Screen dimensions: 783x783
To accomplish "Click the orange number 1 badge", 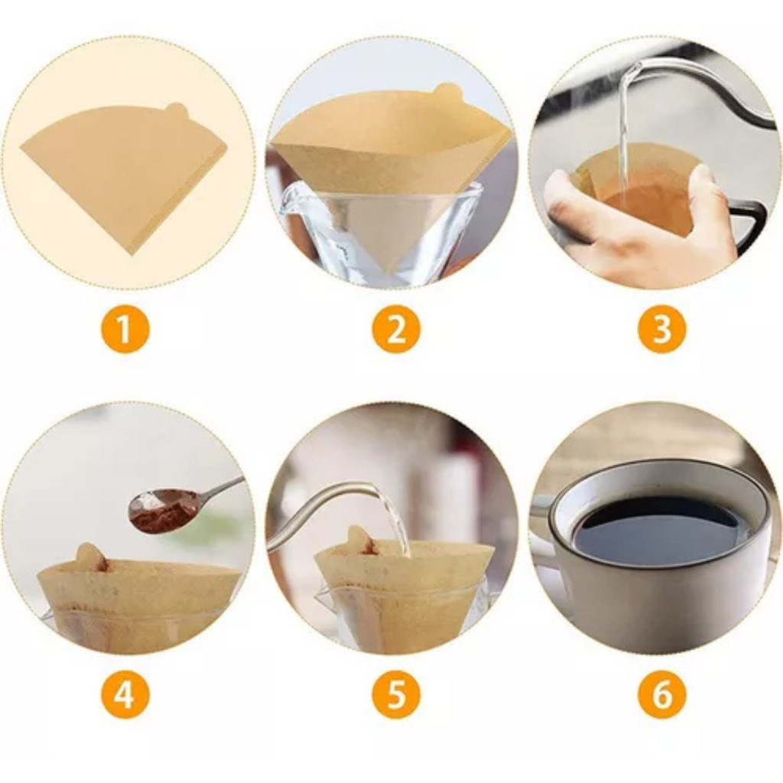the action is (x=125, y=329).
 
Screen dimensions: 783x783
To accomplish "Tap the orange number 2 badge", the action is (x=396, y=329).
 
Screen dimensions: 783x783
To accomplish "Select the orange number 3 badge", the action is (x=662, y=329).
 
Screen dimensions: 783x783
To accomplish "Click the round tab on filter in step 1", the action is (x=176, y=110).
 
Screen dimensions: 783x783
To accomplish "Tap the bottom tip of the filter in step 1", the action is (x=132, y=255).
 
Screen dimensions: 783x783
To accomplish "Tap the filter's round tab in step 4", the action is (x=90, y=556).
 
